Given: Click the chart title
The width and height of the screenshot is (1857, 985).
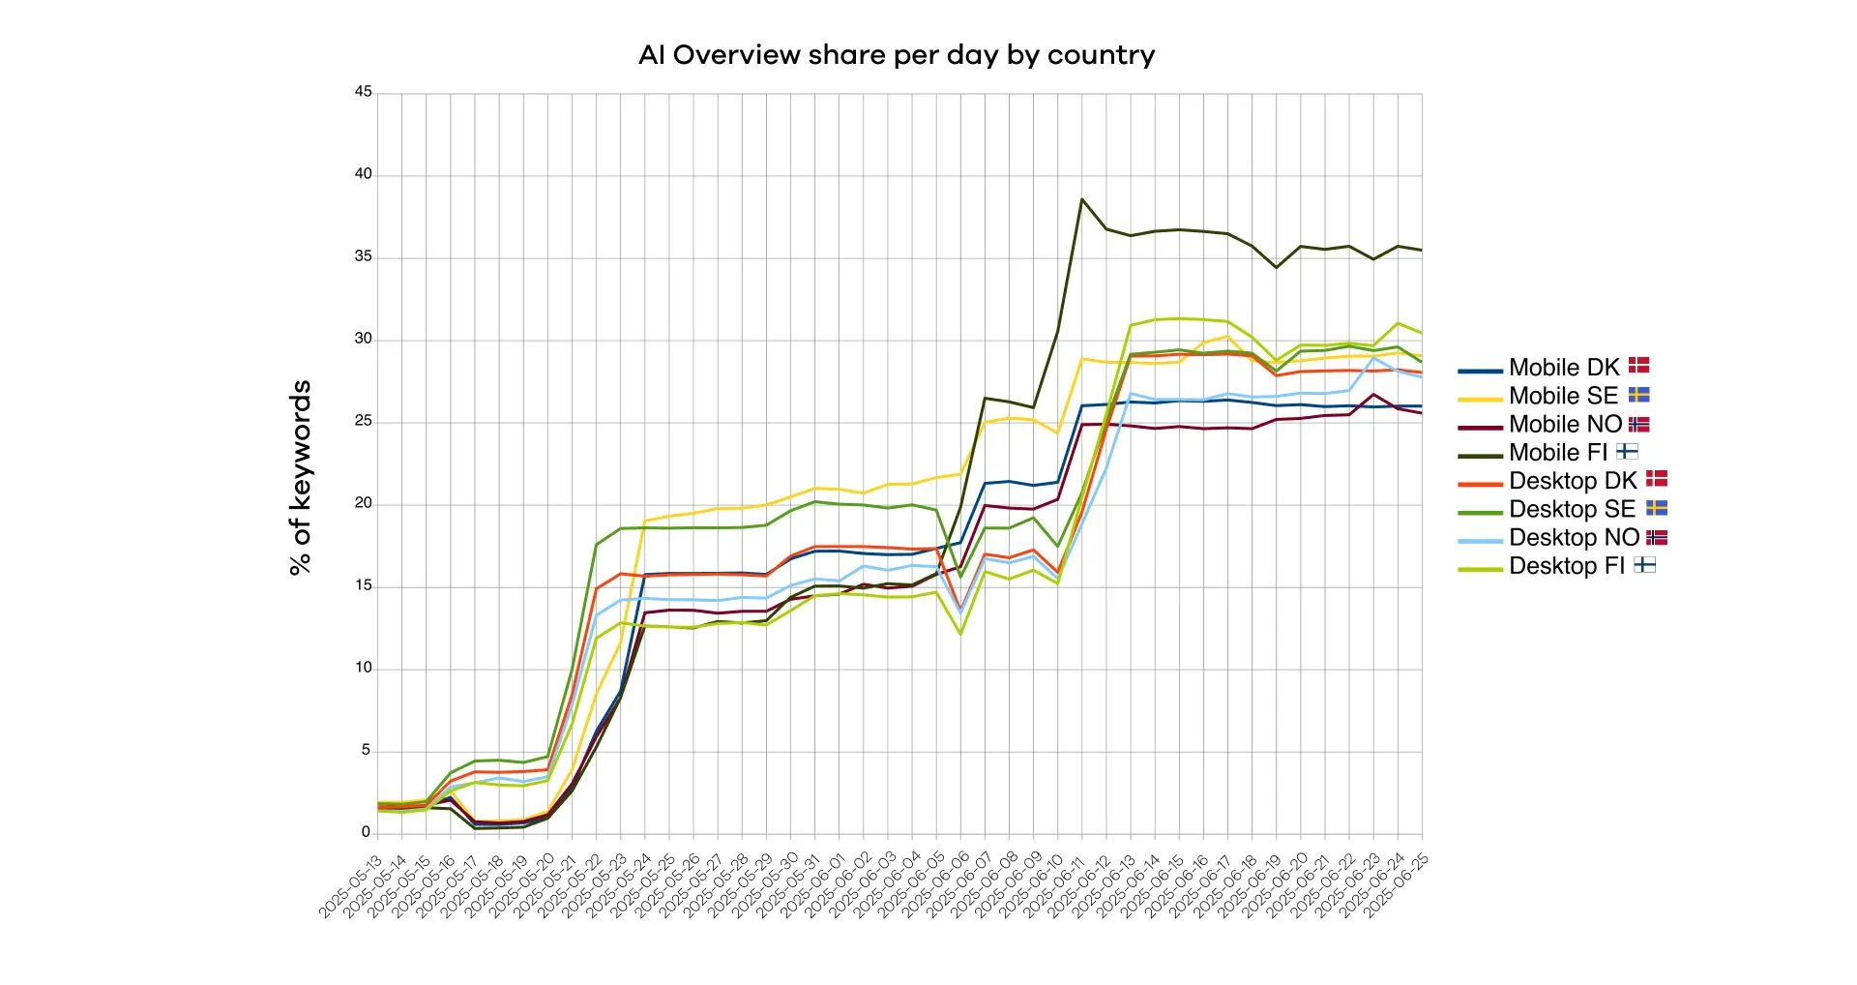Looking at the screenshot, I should click(897, 55).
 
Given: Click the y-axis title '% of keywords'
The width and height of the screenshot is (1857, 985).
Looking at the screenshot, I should click(301, 478).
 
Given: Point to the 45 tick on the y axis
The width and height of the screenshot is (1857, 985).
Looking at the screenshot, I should click(363, 92).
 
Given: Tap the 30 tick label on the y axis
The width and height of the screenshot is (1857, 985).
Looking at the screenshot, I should click(363, 339).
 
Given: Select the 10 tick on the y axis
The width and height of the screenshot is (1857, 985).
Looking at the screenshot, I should click(363, 668).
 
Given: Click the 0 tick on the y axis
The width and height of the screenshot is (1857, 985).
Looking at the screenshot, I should click(366, 832).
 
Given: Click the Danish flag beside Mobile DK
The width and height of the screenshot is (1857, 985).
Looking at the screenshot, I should click(1638, 366).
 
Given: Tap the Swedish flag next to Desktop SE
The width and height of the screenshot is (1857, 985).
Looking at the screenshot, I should click(1657, 508).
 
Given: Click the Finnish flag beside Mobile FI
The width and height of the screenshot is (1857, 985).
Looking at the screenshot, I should click(1627, 451).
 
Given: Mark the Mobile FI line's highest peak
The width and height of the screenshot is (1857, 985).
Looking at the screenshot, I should click(1081, 199).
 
